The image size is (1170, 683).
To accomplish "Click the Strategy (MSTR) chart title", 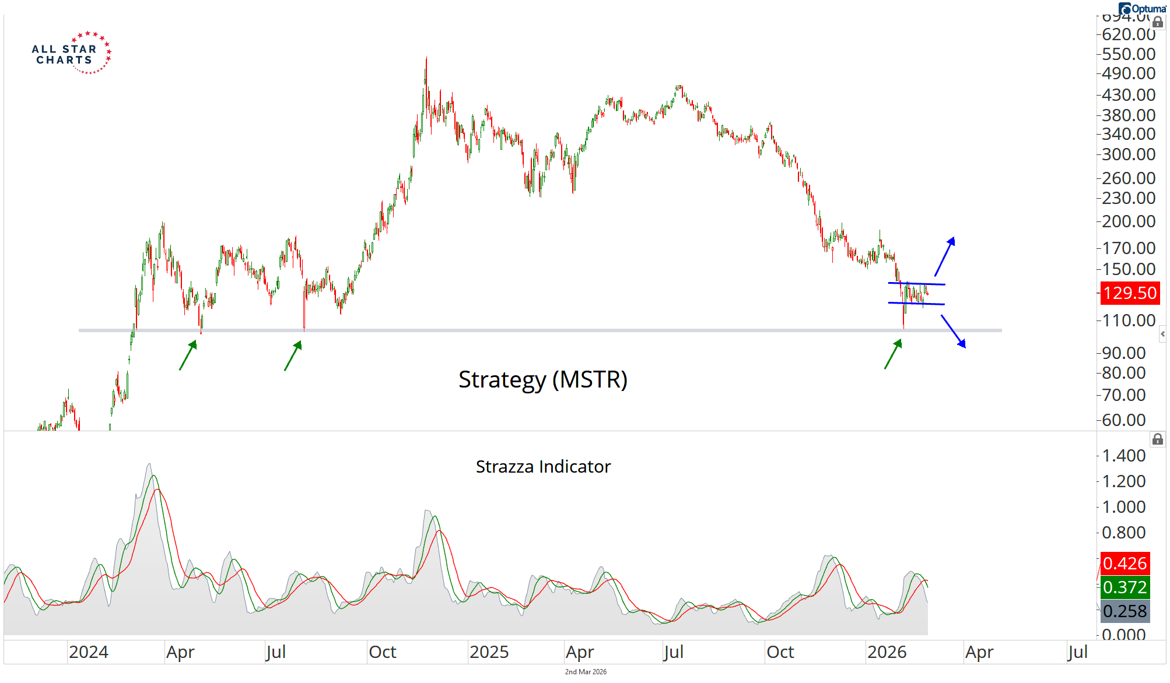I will (x=542, y=379).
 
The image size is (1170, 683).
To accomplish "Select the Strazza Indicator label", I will (x=543, y=467).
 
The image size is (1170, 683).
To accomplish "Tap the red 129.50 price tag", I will (x=1130, y=293).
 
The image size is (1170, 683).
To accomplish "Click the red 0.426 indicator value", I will (x=1125, y=564).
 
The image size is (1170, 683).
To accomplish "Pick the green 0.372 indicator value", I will (x=1125, y=587).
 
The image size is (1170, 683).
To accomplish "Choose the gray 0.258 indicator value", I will (x=1125, y=611).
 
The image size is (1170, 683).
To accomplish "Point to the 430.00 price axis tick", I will (x=1128, y=94).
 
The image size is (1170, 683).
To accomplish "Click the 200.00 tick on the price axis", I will (x=1128, y=221).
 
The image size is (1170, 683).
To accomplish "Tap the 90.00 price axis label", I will (x=1123, y=353).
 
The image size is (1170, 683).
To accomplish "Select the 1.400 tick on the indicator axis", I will (x=1123, y=456).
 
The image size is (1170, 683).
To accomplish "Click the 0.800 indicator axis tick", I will (x=1123, y=533).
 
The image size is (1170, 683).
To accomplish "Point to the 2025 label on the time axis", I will (x=489, y=652).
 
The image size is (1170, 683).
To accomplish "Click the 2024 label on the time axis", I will (x=89, y=652).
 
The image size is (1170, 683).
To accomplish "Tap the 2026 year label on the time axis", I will (x=887, y=652).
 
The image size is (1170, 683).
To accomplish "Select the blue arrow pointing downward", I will (x=954, y=332).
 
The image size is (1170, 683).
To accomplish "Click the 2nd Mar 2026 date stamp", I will (x=586, y=672).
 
